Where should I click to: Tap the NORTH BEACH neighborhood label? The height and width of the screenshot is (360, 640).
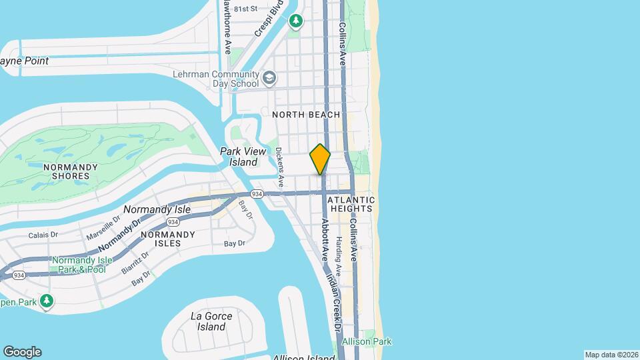(x=306, y=115)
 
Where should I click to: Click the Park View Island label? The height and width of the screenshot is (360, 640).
(x=239, y=157)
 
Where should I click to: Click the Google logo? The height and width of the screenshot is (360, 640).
(x=22, y=352)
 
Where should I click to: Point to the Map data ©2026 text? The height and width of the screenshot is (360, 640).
(x=611, y=355)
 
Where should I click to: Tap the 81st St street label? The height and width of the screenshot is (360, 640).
(x=241, y=9)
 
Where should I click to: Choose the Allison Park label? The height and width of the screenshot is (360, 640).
(x=367, y=342)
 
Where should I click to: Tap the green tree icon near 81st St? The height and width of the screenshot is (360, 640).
(x=296, y=22)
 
